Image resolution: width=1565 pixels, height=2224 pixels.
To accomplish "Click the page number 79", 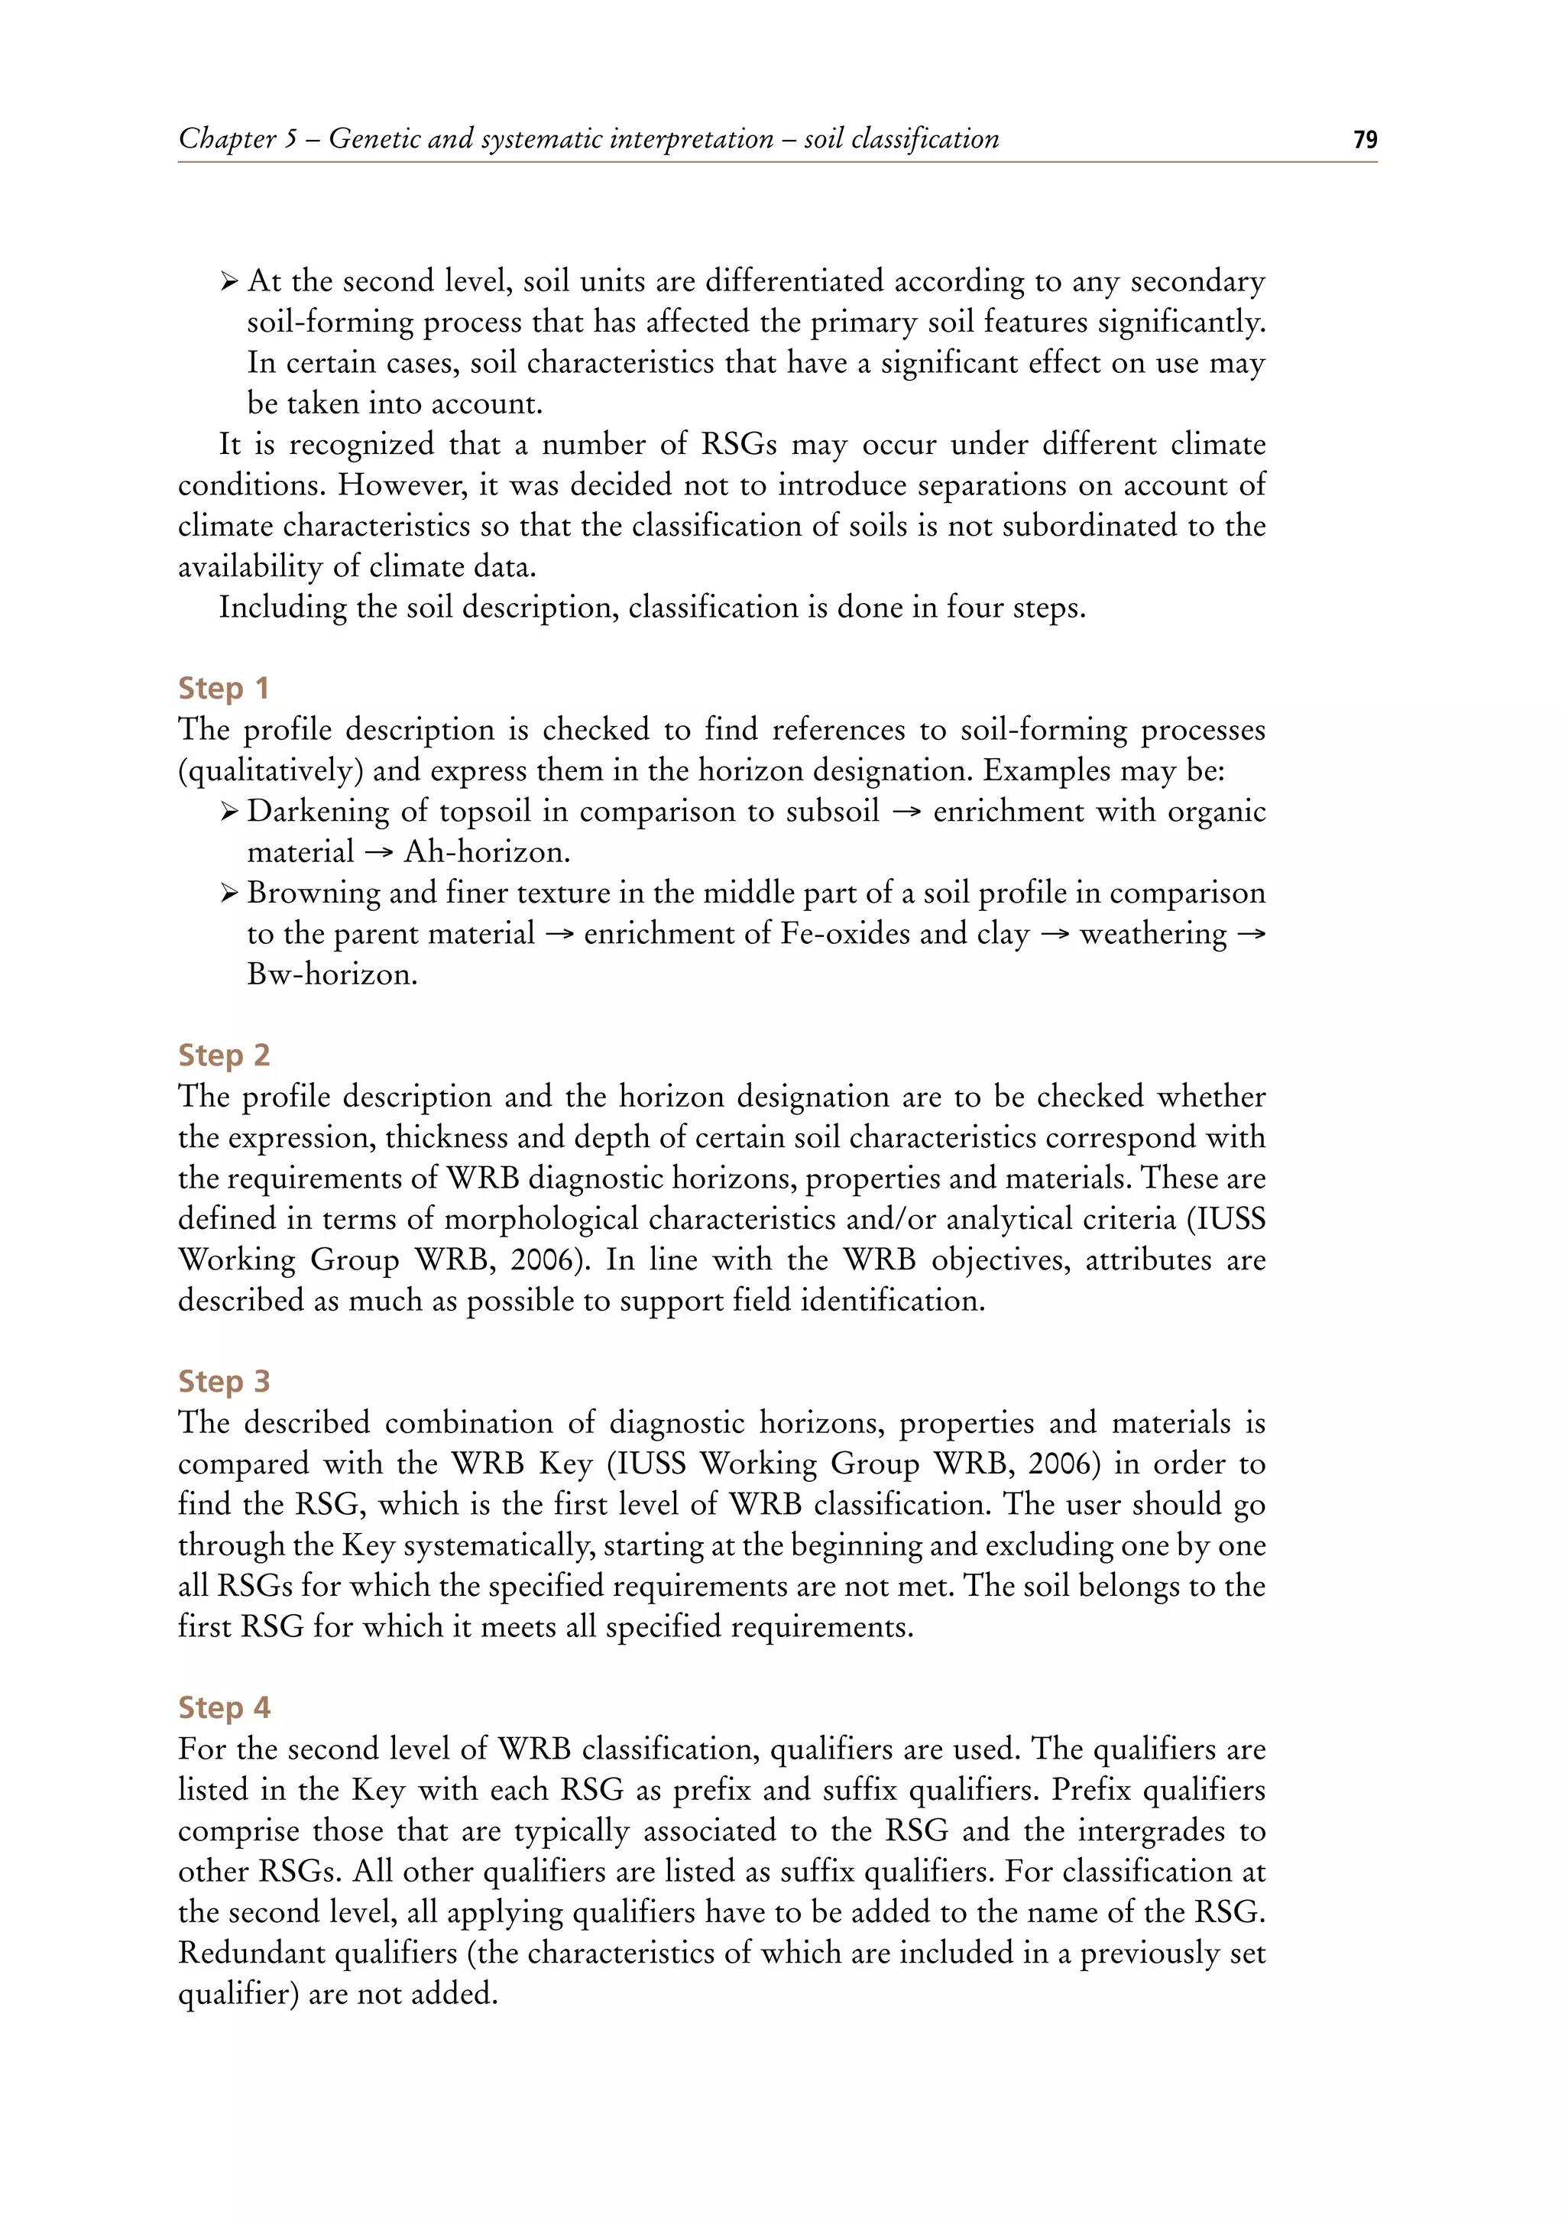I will point(1365,140).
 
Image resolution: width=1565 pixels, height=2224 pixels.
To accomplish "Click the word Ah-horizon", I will point(486,852).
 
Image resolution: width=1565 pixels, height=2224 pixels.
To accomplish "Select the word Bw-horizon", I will point(332,974).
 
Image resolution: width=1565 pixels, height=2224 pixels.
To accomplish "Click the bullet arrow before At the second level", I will point(228,282).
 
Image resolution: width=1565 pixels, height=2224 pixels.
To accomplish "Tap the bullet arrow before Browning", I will point(228,893).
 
